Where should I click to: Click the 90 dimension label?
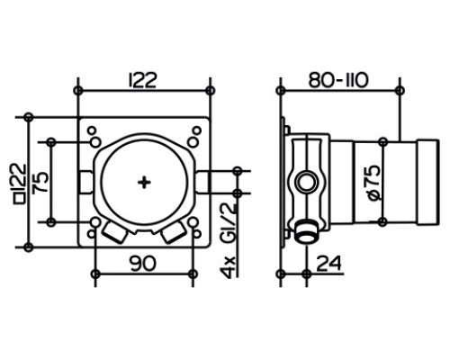pyautogui.click(x=143, y=263)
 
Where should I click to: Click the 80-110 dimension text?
pyautogui.click(x=338, y=80)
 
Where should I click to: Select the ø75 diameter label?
pyautogui.click(x=373, y=183)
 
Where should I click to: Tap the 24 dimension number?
pyautogui.click(x=328, y=263)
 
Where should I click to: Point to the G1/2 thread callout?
pyautogui.click(x=229, y=222)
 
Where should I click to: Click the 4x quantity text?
pyautogui.click(x=229, y=267)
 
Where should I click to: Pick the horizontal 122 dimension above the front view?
pyautogui.click(x=142, y=80)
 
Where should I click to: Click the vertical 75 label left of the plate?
pyautogui.click(x=40, y=182)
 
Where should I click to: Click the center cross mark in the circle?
pyautogui.click(x=144, y=183)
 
